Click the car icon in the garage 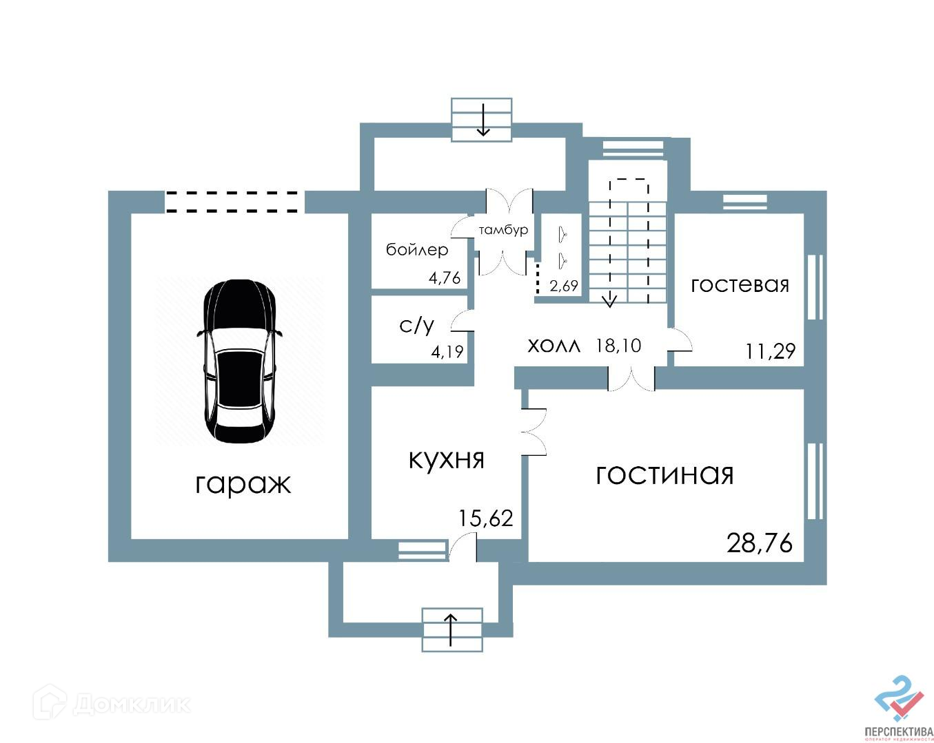[x=239, y=362]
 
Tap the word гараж [x=243, y=483]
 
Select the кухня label [x=447, y=459]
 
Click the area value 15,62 [x=486, y=518]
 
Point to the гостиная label [x=664, y=474]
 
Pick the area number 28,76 [x=760, y=543]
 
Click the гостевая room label [x=740, y=284]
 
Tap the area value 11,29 [x=770, y=352]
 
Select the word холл [x=554, y=345]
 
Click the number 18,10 [x=618, y=345]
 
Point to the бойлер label [x=417, y=249]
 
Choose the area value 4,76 [x=445, y=278]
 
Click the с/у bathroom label [x=416, y=325]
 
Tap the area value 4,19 [x=447, y=352]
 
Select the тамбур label [x=504, y=230]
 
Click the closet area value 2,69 [x=564, y=286]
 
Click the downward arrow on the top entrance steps [x=483, y=120]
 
